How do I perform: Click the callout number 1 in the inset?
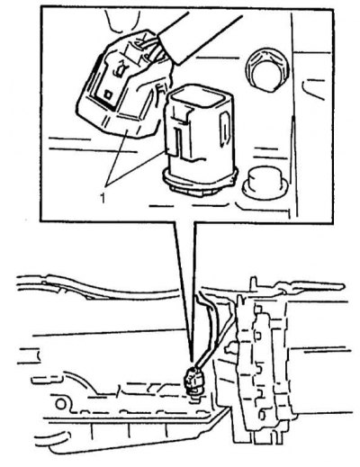click(x=103, y=199)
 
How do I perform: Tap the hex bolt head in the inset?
click(x=265, y=70)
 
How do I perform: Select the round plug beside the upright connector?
click(x=265, y=183)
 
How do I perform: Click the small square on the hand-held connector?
click(x=107, y=94)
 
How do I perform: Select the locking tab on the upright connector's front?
click(x=180, y=132)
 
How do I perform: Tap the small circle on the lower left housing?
click(x=60, y=404)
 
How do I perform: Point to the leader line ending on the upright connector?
click(x=135, y=167)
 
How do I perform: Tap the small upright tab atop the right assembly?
click(x=254, y=283)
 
